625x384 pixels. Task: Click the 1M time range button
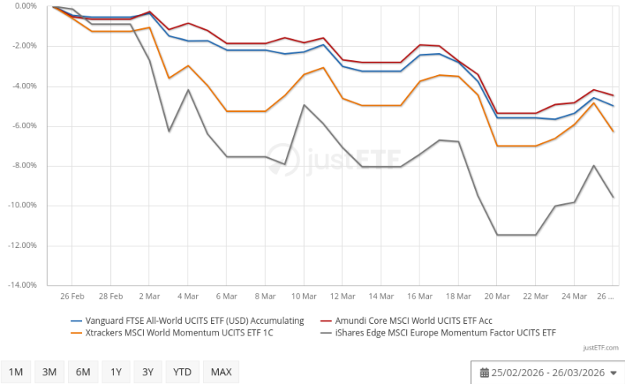[16, 371]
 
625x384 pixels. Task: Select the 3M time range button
[49, 371]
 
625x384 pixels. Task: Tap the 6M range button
[83, 371]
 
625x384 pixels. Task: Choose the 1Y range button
[116, 371]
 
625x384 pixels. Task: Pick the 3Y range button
[148, 371]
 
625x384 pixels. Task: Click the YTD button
[182, 371]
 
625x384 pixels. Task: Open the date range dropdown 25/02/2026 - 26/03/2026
[548, 371]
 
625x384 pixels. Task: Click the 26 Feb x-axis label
[72, 297]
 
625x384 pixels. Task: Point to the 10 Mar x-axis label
[304, 297]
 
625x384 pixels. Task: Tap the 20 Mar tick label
[497, 297]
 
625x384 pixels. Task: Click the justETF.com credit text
[601, 347]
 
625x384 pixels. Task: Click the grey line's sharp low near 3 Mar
[169, 131]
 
